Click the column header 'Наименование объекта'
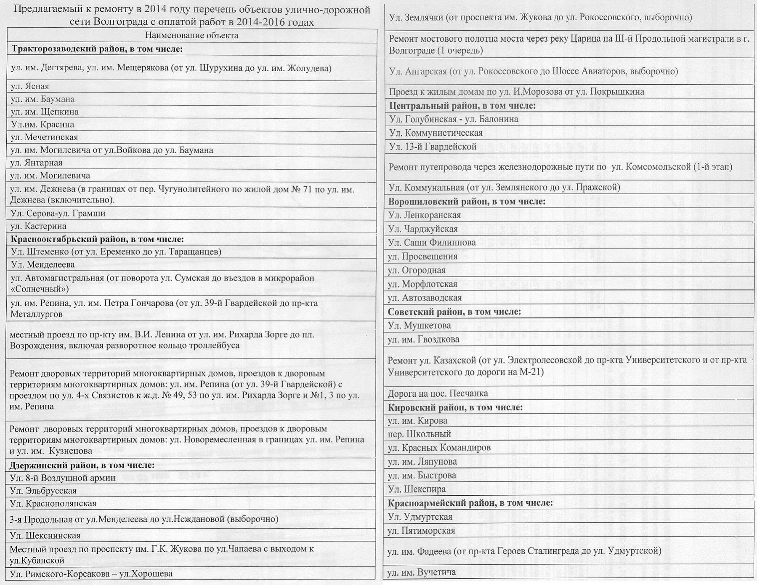point(192,35)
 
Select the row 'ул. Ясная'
point(30,86)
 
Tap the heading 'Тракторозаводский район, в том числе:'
point(97,49)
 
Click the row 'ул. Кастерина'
point(38,226)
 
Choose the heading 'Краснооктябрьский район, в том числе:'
point(97,239)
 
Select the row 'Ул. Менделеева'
point(42,264)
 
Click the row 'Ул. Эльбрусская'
point(43,491)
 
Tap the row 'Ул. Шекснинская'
point(45,535)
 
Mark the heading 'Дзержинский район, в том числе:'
point(82,465)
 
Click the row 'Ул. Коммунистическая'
point(436,133)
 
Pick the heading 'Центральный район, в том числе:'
point(462,105)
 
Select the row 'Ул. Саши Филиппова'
point(432,242)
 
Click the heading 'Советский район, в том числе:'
point(454,312)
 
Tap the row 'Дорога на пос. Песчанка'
point(438,393)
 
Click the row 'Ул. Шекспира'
point(417,489)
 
